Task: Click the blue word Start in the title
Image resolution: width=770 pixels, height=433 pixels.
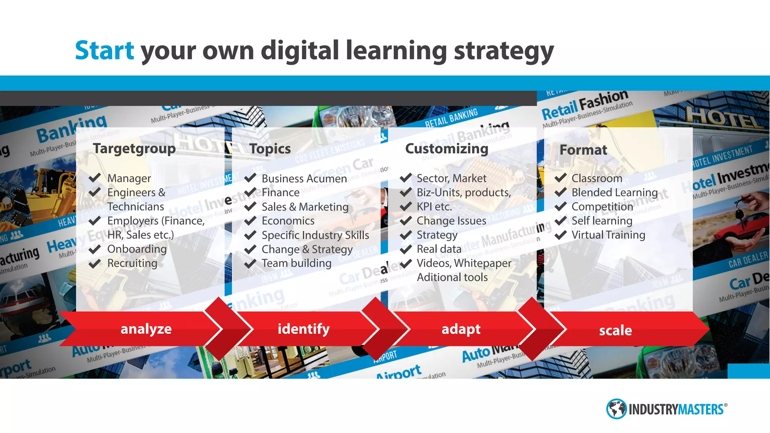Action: (104, 50)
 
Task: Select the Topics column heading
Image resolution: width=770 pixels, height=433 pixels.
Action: (270, 149)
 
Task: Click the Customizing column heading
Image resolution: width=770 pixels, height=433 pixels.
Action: (447, 149)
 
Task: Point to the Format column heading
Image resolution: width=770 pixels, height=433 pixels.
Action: (583, 150)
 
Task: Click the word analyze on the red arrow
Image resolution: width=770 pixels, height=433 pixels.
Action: (146, 329)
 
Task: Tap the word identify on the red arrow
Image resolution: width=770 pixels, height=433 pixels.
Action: (303, 329)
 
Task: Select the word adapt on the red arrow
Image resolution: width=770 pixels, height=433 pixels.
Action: (461, 329)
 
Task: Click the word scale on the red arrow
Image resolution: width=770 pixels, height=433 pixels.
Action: (615, 330)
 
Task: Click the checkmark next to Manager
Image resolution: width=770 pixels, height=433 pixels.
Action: (95, 178)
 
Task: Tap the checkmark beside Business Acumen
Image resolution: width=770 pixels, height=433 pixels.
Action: (250, 178)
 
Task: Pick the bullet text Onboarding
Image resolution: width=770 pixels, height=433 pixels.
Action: (137, 249)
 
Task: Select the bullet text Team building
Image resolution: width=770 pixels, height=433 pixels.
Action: (297, 263)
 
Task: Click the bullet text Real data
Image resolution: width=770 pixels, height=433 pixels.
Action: (439, 249)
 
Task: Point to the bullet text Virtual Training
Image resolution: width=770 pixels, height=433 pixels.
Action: (608, 235)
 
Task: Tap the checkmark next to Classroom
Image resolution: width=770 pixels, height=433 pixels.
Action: (560, 178)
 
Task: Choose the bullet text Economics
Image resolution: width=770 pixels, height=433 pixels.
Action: (288, 221)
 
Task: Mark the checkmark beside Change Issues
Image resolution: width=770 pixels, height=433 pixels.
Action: (406, 221)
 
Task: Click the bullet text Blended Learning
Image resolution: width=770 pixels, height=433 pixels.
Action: (614, 192)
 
